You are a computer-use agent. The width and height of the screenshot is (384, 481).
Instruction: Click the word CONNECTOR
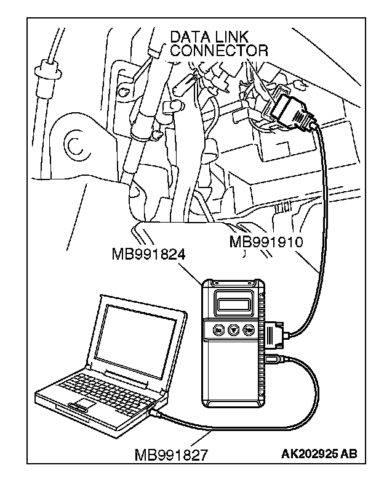(x=218, y=51)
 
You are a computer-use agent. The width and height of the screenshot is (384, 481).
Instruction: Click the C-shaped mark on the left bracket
(x=78, y=146)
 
